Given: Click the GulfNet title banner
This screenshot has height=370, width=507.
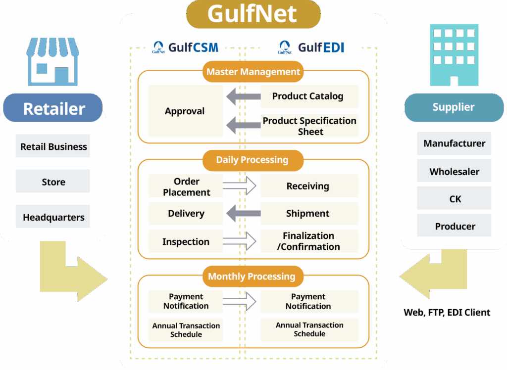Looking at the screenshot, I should pyautogui.click(x=253, y=13).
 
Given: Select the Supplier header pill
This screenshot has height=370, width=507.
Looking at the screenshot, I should pyautogui.click(x=453, y=107).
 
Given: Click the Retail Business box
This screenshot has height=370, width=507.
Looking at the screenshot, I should pyautogui.click(x=53, y=146).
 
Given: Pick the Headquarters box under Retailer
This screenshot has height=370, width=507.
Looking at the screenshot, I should pyautogui.click(x=53, y=217).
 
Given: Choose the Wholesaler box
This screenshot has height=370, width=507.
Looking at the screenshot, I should pyautogui.click(x=454, y=172).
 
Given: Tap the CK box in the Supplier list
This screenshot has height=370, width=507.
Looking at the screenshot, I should pyautogui.click(x=454, y=199).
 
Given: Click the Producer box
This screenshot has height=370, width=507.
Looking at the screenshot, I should pyautogui.click(x=454, y=226).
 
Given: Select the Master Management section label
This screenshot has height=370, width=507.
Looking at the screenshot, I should pyautogui.click(x=253, y=72).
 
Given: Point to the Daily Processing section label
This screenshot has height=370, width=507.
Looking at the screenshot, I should pyautogui.click(x=252, y=160).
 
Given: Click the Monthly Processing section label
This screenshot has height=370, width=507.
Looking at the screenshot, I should pyautogui.click(x=252, y=277).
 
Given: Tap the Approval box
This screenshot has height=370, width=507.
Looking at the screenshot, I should pyautogui.click(x=185, y=111).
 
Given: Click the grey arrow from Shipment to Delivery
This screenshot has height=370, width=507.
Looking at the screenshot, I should pyautogui.click(x=243, y=214).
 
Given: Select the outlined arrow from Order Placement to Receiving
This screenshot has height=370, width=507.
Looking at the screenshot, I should pyautogui.click(x=239, y=186).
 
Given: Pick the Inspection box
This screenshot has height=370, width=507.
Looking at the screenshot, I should pyautogui.click(x=186, y=241).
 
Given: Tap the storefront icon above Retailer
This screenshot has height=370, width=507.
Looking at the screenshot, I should pyautogui.click(x=53, y=62).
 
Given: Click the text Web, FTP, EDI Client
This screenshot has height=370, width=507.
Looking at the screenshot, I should pyautogui.click(x=447, y=312).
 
